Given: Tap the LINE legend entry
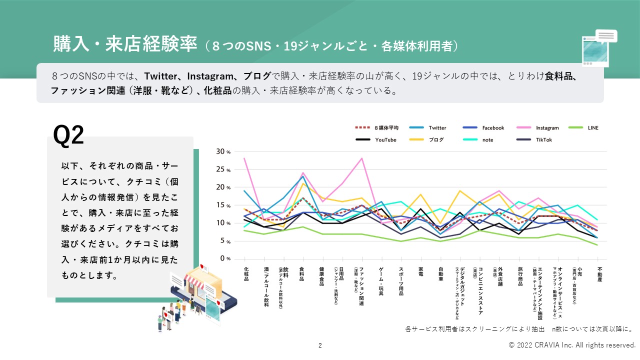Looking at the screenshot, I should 590,128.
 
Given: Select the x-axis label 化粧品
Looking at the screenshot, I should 245,273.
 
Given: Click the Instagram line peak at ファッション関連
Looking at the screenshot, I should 361,158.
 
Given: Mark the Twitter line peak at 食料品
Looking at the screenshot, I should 303,176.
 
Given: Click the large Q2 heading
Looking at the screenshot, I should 68,135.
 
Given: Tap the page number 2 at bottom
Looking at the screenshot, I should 320,345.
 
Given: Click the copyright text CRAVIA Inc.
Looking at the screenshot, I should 572,345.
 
